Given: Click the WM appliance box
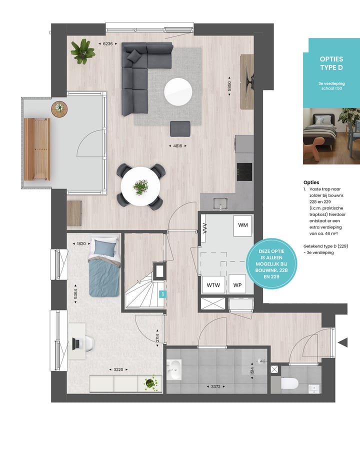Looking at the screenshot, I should pos(242,225).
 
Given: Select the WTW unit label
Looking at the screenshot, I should pos(213,285).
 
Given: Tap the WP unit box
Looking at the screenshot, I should pos(237,285).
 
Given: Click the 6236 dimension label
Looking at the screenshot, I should pos(107,44).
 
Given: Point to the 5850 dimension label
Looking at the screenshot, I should pos(229,86).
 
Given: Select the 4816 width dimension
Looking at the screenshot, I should pos(177,146).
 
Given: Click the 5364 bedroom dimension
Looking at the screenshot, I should pos(75,295).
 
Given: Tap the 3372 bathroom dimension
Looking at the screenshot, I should pos(215,386).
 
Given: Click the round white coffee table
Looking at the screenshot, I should pos(178,92).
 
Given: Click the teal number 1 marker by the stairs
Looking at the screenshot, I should pos(161,294).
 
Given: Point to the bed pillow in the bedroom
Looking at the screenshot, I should pos(105,246).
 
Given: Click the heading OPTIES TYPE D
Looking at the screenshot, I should pos(331,63).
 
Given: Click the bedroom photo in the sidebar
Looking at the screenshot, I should pos(331,136).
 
